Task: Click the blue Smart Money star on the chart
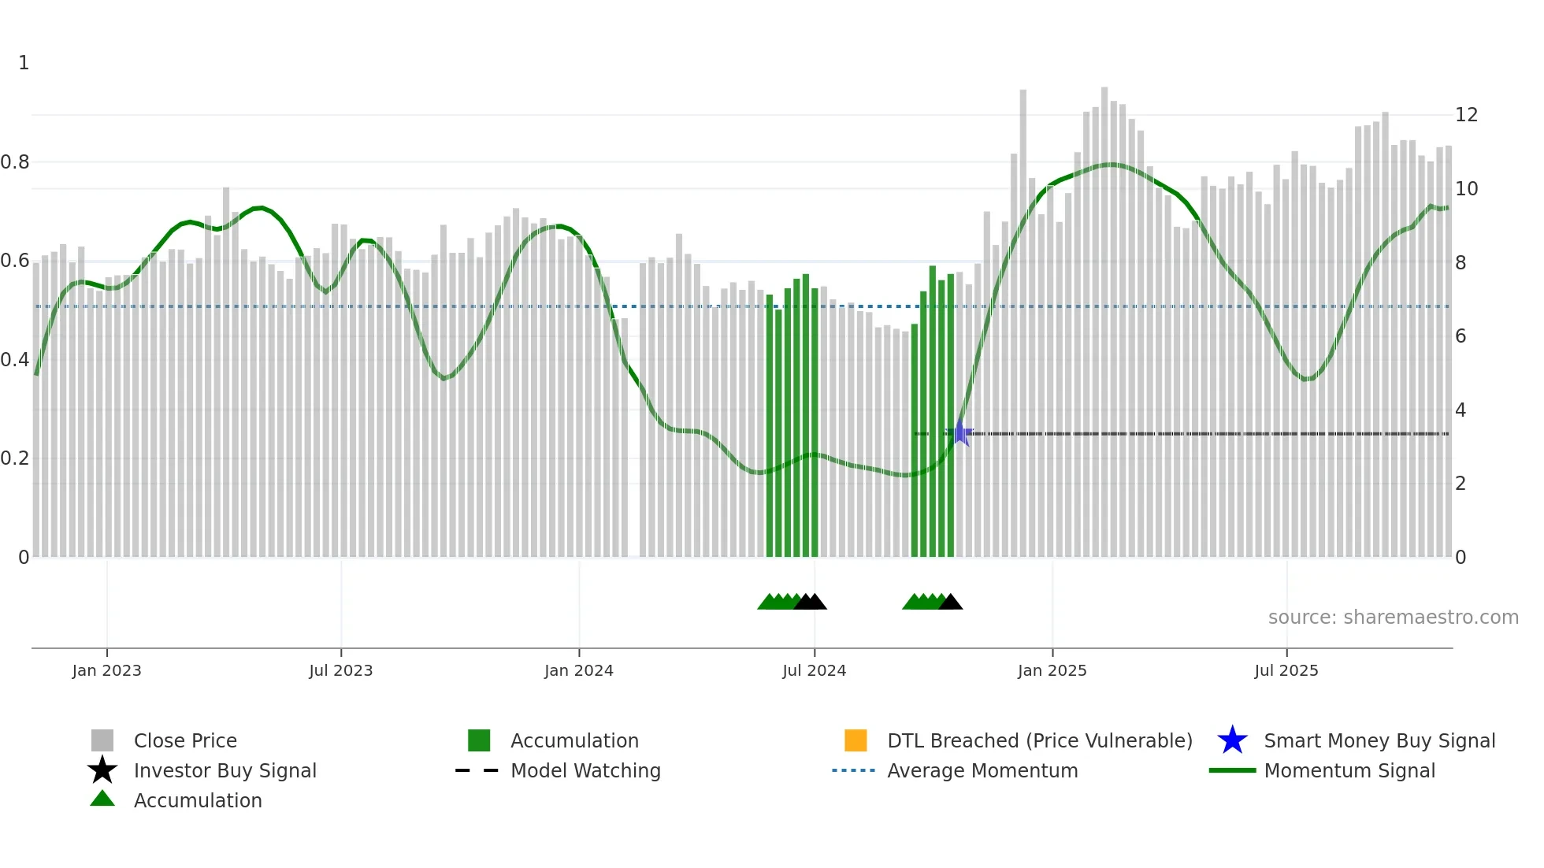point(960,433)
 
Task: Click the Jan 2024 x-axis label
point(578,670)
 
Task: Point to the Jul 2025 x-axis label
point(1286,670)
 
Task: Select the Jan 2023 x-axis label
point(106,670)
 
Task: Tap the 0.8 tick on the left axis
point(15,162)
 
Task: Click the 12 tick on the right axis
point(1466,115)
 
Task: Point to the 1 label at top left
point(24,63)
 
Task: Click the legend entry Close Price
point(185,740)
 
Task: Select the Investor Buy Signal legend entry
point(225,770)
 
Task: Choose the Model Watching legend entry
point(585,770)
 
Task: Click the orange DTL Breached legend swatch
point(856,740)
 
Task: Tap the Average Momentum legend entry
point(982,770)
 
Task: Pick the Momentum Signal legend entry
point(1349,770)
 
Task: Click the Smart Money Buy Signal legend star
point(1232,740)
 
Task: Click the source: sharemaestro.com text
point(1393,618)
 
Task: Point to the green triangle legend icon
point(102,799)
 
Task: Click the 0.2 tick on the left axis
point(15,458)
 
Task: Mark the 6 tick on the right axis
point(1460,336)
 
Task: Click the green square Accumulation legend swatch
point(479,740)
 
